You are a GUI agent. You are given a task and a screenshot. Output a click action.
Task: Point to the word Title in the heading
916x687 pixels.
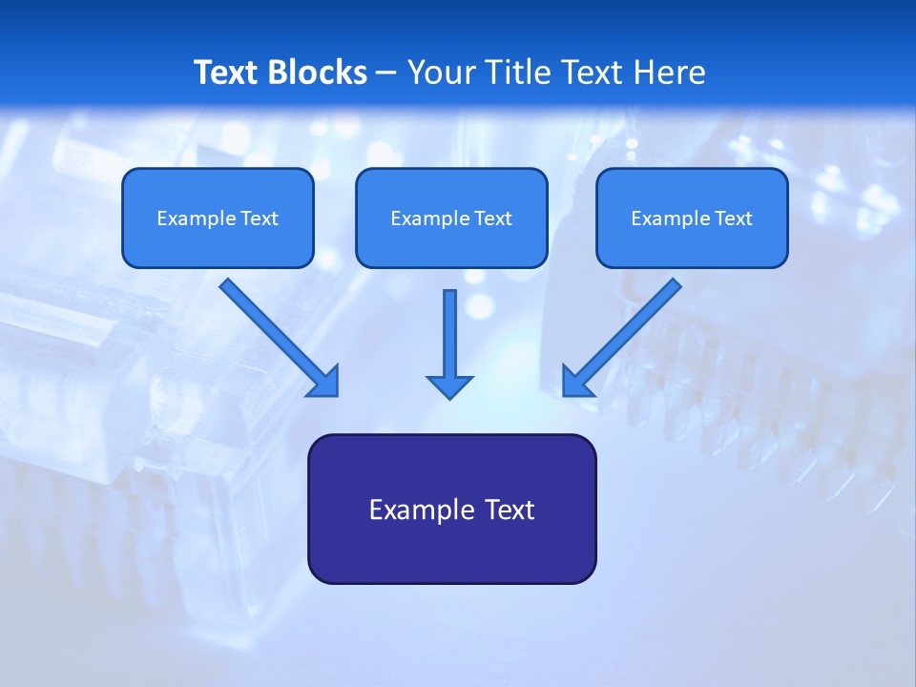pyautogui.click(x=516, y=73)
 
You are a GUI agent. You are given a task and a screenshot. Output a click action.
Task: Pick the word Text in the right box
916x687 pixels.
pyautogui.click(x=733, y=219)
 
